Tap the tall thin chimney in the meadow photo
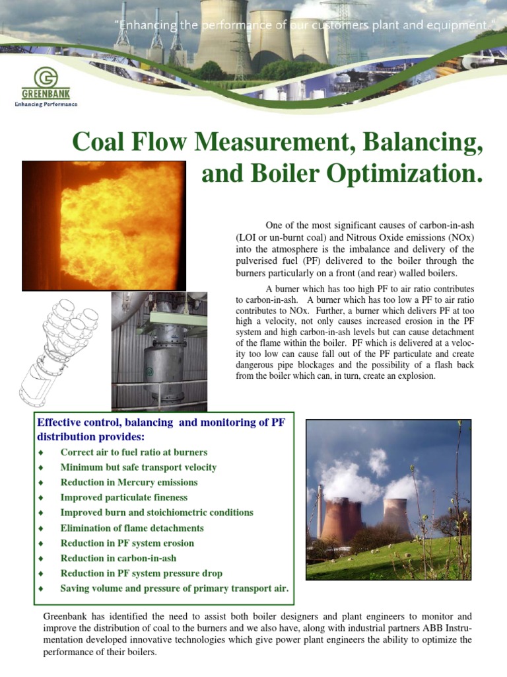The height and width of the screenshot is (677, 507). (x=320, y=512)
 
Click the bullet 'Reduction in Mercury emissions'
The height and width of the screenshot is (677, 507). (x=129, y=483)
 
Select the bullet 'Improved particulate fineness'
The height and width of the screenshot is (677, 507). (x=124, y=498)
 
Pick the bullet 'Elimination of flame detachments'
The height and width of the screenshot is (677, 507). (x=132, y=528)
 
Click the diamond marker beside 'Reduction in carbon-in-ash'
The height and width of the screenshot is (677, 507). (x=41, y=559)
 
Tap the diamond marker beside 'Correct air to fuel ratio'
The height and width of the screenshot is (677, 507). (x=41, y=453)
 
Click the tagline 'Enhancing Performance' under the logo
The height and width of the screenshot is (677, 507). (x=46, y=104)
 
